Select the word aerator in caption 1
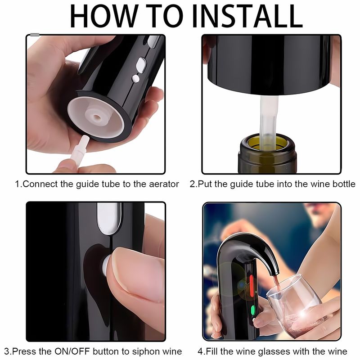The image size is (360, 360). pos(164,184)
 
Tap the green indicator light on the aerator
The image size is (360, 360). pos(253,310)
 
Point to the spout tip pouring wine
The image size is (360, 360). pos(275,273)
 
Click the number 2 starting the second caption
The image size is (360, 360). pos(192,184)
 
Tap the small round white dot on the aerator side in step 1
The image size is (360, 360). pos(136,79)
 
